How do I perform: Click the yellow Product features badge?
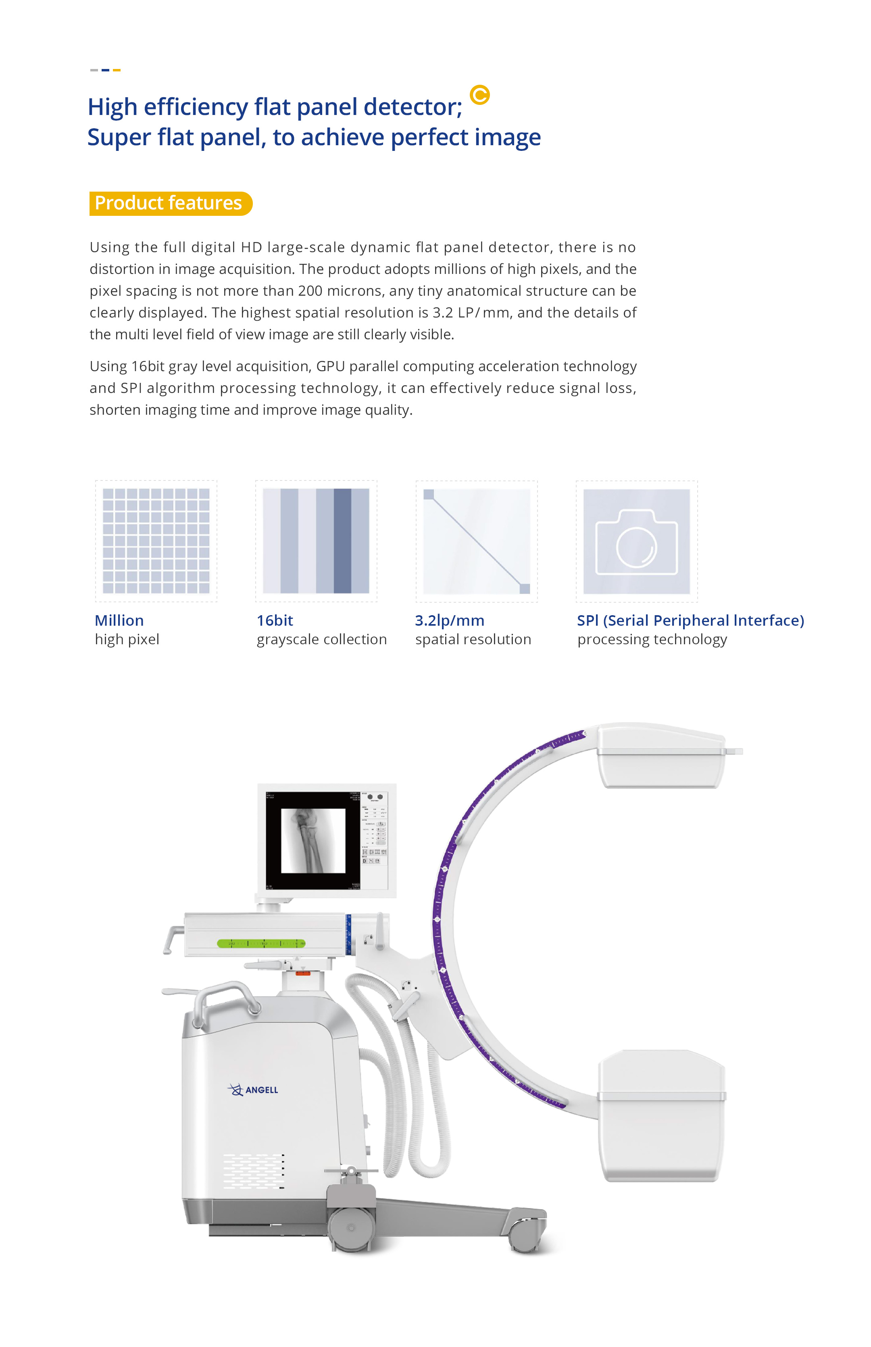[x=170, y=203]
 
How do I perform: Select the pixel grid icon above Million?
[x=156, y=541]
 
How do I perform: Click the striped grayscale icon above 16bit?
[x=316, y=541]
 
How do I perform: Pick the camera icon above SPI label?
[x=636, y=541]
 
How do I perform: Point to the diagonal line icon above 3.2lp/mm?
[x=477, y=541]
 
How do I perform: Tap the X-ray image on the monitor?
[x=313, y=840]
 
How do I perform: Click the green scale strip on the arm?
[x=261, y=943]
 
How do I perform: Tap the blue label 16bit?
[x=275, y=620]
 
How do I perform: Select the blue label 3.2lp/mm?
[x=450, y=620]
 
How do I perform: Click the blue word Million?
[x=119, y=620]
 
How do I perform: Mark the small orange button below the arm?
[x=303, y=973]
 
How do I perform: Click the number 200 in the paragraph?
[x=310, y=291]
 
